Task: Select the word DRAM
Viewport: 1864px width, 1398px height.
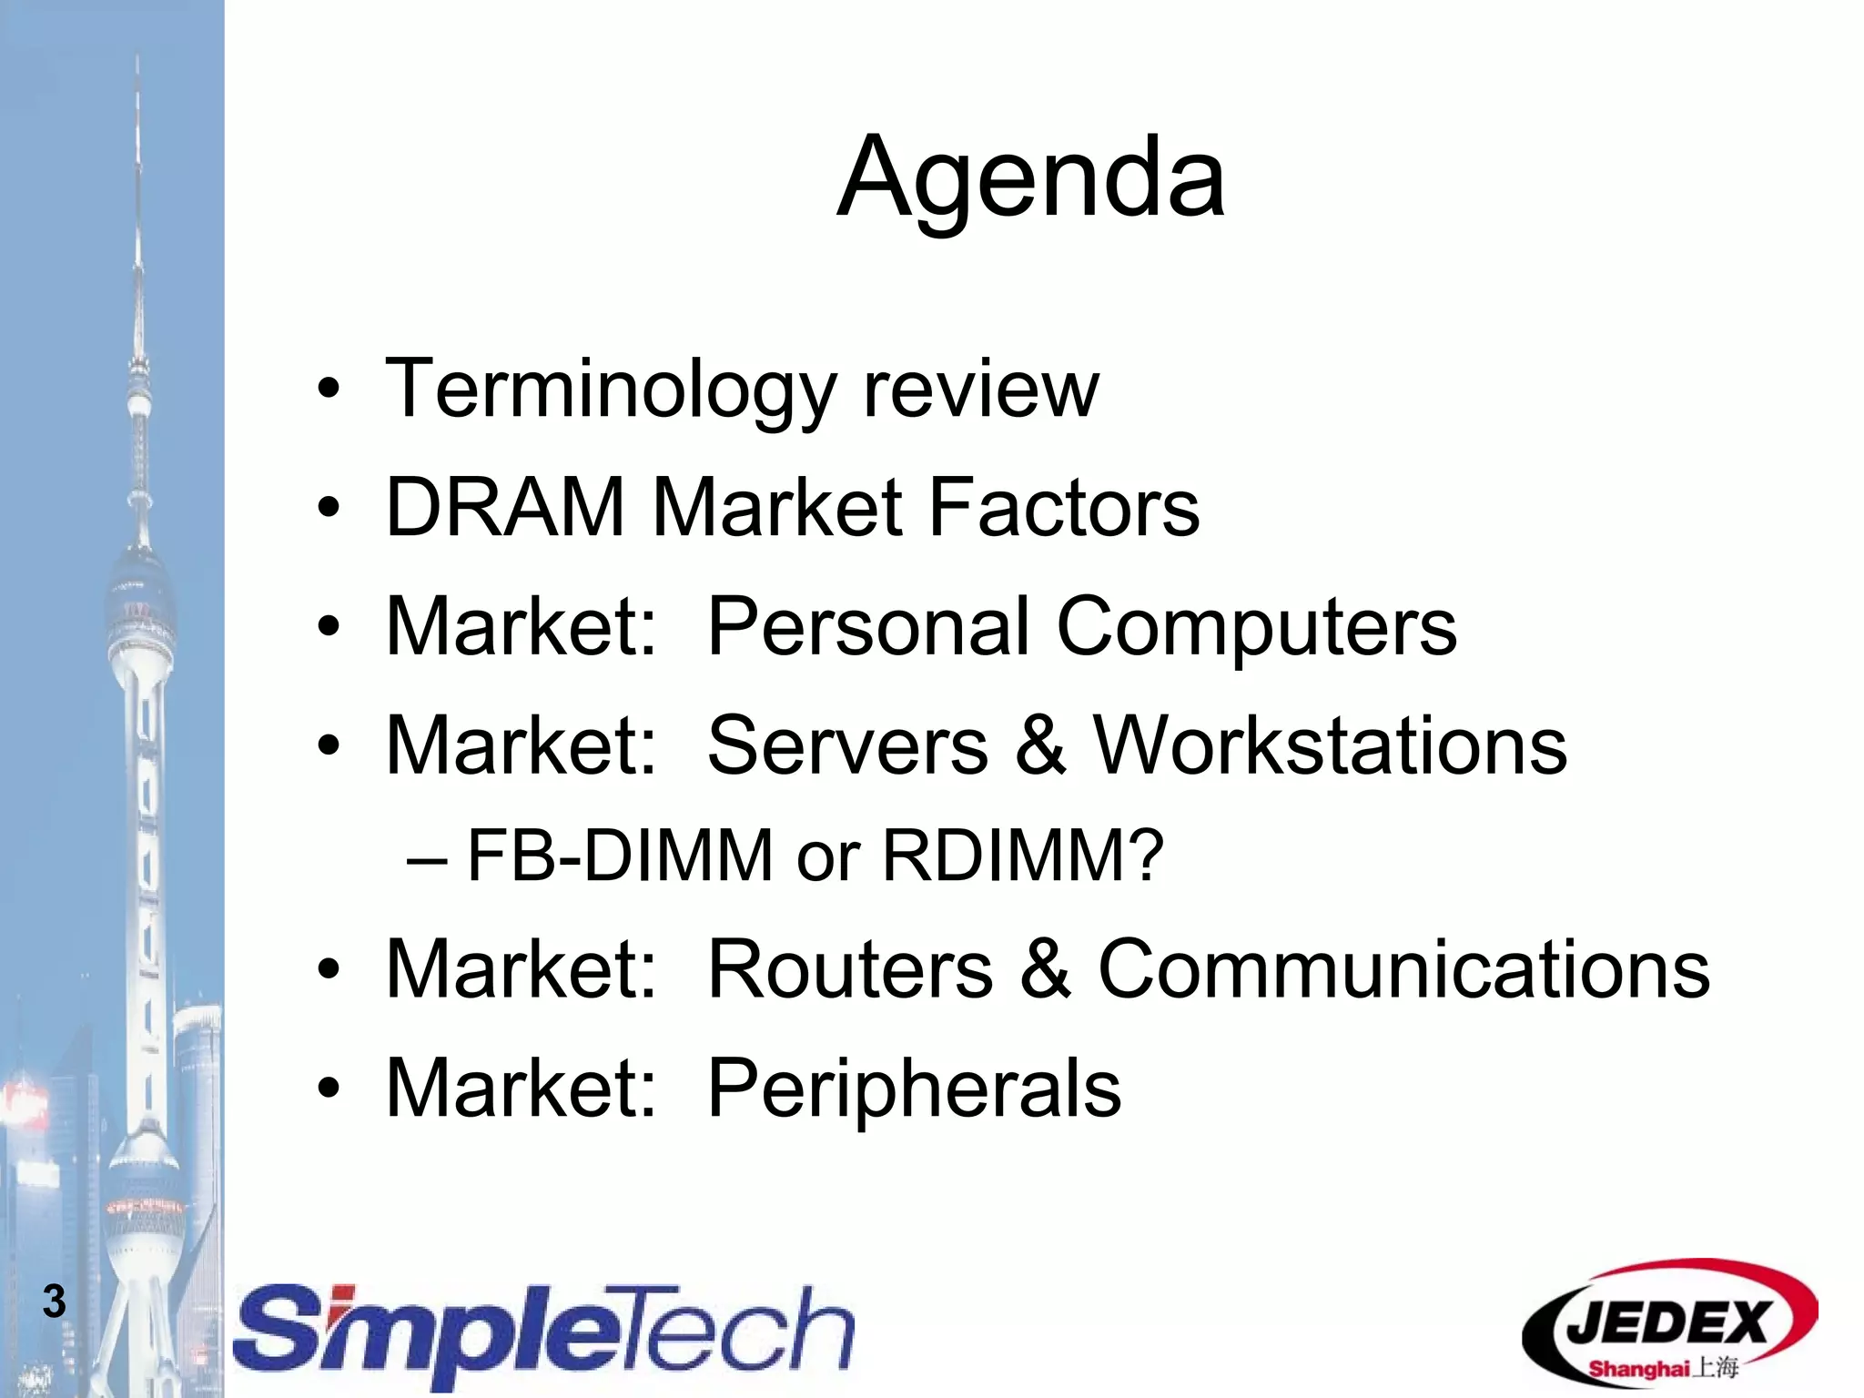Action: click(506, 508)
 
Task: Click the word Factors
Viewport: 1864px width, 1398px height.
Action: click(1063, 508)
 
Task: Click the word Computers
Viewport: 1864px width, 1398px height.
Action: click(1256, 626)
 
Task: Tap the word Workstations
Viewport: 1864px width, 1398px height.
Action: click(1329, 745)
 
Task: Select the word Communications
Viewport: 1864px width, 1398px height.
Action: click(1403, 969)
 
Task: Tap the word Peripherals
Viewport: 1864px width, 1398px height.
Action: click(914, 1088)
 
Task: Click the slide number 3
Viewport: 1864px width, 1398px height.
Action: click(55, 1302)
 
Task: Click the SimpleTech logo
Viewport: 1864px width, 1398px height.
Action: click(544, 1332)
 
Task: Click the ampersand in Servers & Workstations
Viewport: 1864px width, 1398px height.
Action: click(1039, 745)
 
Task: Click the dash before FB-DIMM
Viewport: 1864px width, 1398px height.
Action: click(427, 858)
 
